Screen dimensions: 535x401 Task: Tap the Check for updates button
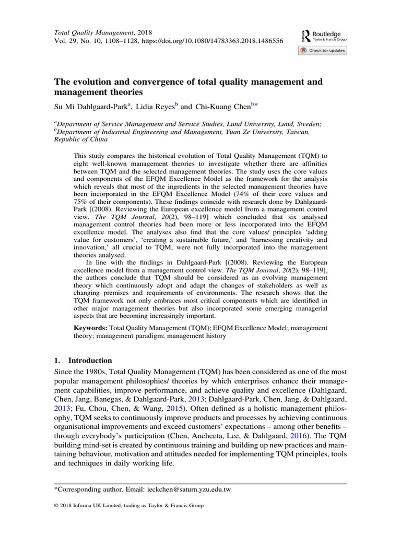pyautogui.click(x=322, y=51)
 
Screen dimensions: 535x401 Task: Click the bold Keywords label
pyautogui.click(x=90, y=328)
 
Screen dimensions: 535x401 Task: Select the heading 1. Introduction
pyautogui.click(x=83, y=360)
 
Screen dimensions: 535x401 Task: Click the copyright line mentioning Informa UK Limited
pyautogui.click(x=129, y=506)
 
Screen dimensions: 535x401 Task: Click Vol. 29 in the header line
pyautogui.click(x=66, y=40)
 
